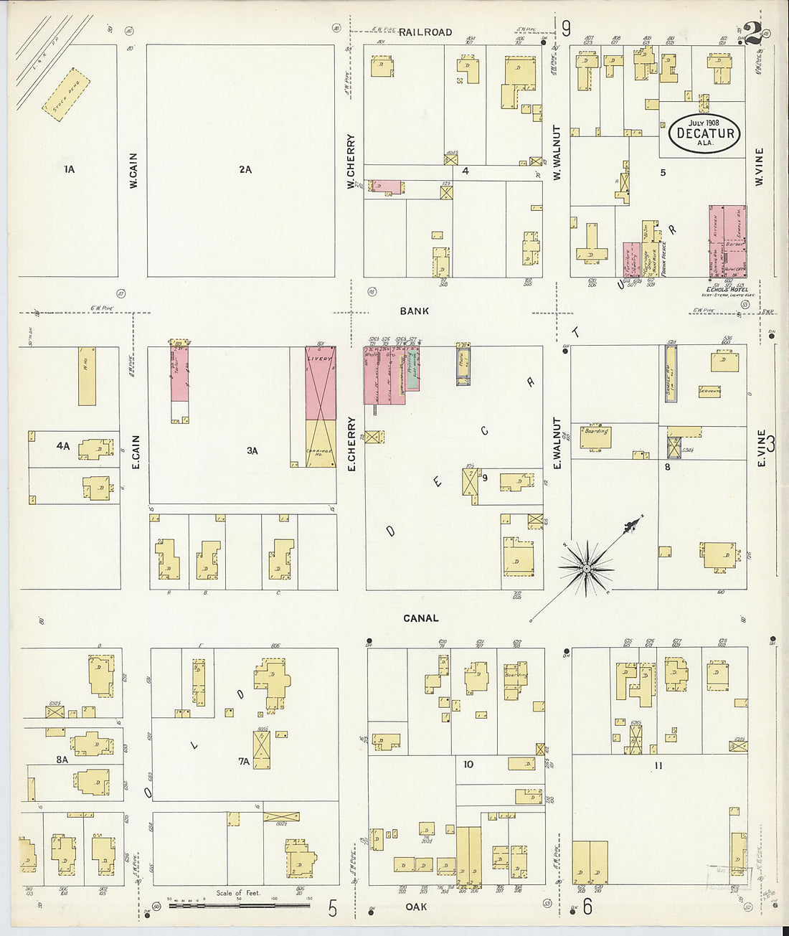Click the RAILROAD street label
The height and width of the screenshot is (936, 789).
click(425, 32)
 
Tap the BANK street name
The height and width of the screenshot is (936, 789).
click(415, 311)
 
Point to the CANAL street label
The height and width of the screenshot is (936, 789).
click(421, 618)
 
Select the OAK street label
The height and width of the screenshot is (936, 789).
click(416, 907)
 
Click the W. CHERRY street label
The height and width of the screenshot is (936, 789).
click(351, 161)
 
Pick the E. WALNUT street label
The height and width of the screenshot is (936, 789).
click(557, 443)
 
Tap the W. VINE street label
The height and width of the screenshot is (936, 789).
click(759, 167)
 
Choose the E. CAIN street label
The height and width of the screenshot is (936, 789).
click(136, 453)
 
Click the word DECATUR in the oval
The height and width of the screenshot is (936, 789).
click(706, 133)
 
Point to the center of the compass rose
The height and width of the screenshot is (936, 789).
click(587, 568)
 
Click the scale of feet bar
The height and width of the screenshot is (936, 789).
click(240, 905)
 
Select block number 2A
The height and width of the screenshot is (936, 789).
click(245, 170)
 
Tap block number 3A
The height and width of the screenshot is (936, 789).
click(252, 451)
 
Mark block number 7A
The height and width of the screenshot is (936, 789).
click(244, 762)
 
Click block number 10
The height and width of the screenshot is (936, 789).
click(468, 765)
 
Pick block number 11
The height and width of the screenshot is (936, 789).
click(658, 766)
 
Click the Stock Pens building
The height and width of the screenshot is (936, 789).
click(67, 94)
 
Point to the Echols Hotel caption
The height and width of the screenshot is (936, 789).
click(727, 289)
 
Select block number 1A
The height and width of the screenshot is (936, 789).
click(69, 170)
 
